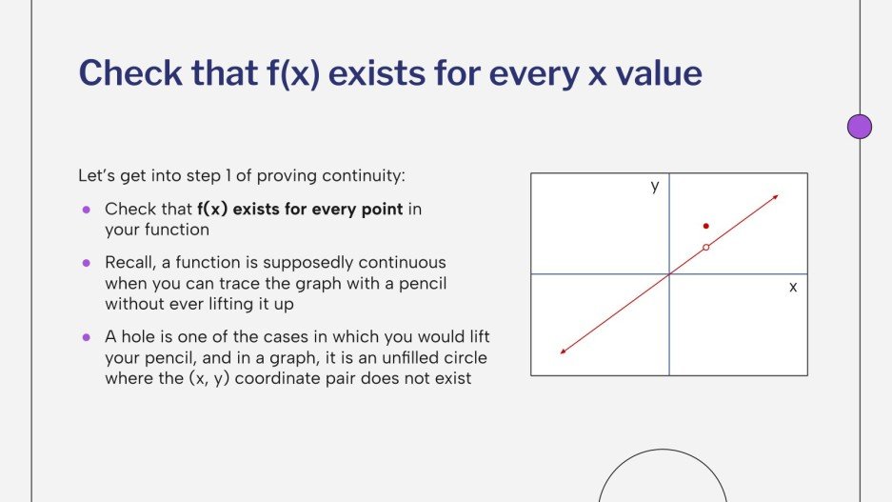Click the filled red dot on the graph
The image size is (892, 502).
[705, 226]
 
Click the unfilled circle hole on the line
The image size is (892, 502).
[705, 248]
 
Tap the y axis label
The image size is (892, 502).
[655, 187]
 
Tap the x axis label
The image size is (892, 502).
[792, 286]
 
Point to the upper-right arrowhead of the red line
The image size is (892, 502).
[776, 197]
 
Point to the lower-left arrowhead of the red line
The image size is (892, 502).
[564, 351]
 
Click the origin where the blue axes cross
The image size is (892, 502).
[669, 274]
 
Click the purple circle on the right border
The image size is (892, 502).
[860, 127]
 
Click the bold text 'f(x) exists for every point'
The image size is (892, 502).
[300, 209]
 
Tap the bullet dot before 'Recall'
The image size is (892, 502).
[86, 262]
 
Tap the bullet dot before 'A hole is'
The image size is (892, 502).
[86, 337]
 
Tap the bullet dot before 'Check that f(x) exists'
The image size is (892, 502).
[86, 209]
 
